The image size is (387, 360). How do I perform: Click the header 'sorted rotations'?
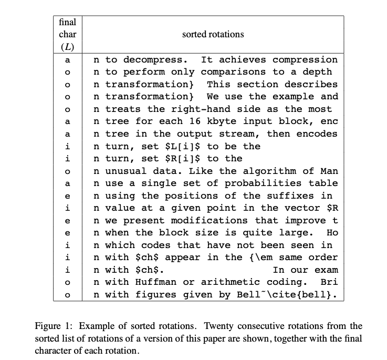pyautogui.click(x=213, y=34)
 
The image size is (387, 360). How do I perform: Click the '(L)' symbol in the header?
pyautogui.click(x=67, y=46)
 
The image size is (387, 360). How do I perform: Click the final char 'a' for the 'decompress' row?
pyautogui.click(x=67, y=59)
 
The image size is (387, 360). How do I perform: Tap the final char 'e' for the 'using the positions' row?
pyautogui.click(x=67, y=196)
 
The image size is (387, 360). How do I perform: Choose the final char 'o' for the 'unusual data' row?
pyautogui.click(x=67, y=171)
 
